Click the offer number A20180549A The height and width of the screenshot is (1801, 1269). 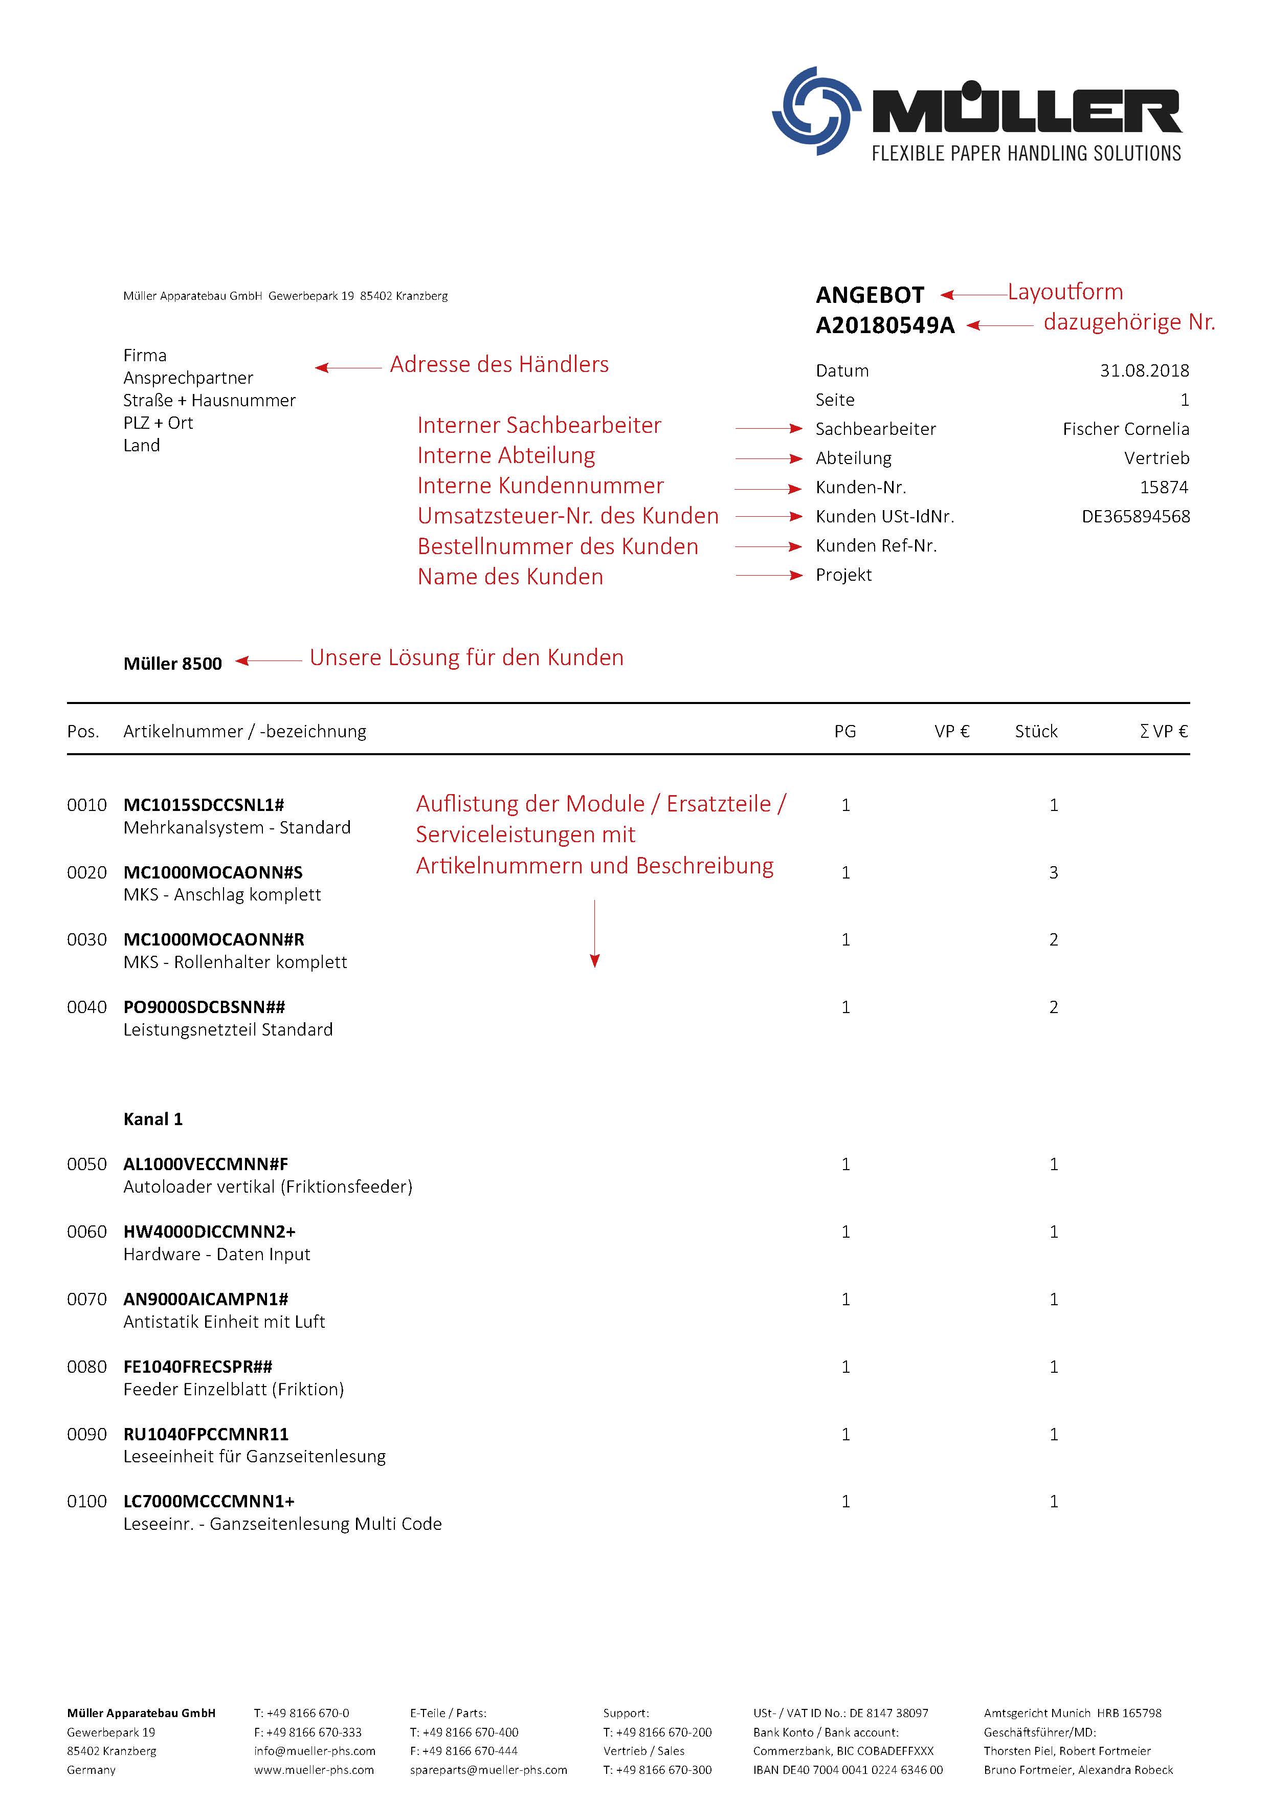[885, 325]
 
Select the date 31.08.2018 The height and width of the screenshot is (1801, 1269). [1144, 370]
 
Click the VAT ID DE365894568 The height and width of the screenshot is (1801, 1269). [1135, 516]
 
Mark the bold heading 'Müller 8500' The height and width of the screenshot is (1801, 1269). [172, 664]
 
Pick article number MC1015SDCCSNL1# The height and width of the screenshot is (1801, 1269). [203, 805]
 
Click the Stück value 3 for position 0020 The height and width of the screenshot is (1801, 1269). [1053, 872]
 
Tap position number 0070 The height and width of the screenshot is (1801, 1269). [86, 1299]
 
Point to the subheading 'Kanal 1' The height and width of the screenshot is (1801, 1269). [153, 1119]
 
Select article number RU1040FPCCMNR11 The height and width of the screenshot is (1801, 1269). [206, 1434]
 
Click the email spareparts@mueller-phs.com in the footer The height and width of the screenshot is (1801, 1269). [488, 1770]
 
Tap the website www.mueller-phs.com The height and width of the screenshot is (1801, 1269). [314, 1770]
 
